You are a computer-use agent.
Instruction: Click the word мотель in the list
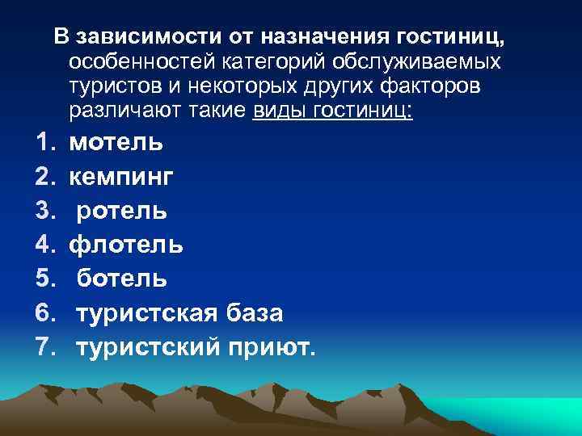click(116, 143)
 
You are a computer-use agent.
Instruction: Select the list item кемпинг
click(122, 177)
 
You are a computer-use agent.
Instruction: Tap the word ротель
click(123, 211)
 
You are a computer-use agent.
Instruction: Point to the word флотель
click(126, 245)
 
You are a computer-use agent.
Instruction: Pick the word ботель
click(123, 279)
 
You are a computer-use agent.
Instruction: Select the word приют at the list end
click(273, 347)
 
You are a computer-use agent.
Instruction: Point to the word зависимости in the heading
click(132, 37)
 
